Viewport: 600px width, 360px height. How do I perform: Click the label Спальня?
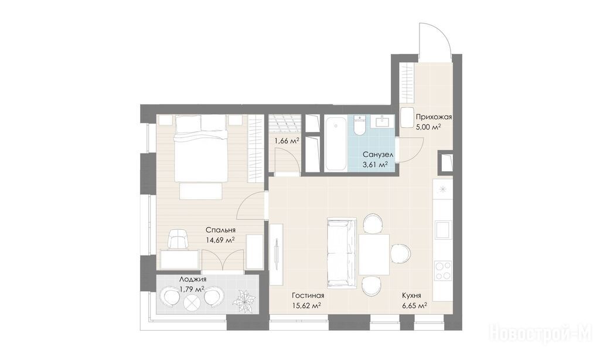point(220,230)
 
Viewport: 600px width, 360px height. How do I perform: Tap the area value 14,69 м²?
point(220,240)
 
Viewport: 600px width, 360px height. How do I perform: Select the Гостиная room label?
point(308,296)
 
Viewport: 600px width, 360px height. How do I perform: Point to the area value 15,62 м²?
point(306,305)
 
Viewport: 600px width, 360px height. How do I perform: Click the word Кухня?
point(412,296)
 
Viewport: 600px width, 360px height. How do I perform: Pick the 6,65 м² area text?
point(414,305)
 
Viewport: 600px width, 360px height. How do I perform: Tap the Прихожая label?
point(434,117)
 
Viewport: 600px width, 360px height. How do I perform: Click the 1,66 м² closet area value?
point(287,141)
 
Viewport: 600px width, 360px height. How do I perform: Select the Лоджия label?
point(193,280)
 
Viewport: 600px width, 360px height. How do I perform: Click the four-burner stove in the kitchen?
point(443,270)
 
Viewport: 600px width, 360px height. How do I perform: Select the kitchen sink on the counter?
point(443,230)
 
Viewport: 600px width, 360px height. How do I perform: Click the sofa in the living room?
point(342,252)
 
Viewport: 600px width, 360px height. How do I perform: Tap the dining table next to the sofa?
point(374,254)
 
